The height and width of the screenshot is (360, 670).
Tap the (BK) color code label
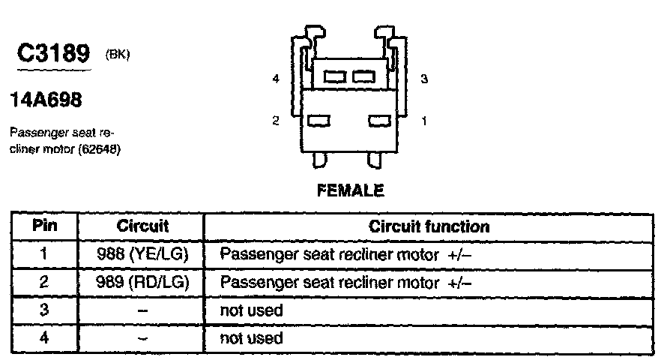pos(118,54)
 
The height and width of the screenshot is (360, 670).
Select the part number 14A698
pos(46,99)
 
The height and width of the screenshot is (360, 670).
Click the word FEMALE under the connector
pos(351,190)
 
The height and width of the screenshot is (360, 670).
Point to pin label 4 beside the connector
pos(277,79)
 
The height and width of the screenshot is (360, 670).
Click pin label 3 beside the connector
pos(424,79)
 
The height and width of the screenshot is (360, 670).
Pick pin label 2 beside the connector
pos(276,120)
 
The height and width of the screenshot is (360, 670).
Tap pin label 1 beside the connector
pos(424,120)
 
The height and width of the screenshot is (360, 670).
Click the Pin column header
pos(44,226)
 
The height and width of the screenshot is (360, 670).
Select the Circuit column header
pos(142,226)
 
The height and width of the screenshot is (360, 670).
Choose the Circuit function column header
pos(429,226)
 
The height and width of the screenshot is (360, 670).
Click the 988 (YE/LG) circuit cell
pos(142,254)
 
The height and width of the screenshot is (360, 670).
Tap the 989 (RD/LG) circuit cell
pos(142,283)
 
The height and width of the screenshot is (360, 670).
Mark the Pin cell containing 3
pos(44,310)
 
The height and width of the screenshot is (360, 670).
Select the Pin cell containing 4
pos(44,337)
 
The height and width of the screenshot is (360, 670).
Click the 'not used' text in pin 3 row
pos(251,310)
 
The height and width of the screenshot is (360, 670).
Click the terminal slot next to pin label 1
pos(380,120)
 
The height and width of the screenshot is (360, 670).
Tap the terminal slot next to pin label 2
pos(319,120)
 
